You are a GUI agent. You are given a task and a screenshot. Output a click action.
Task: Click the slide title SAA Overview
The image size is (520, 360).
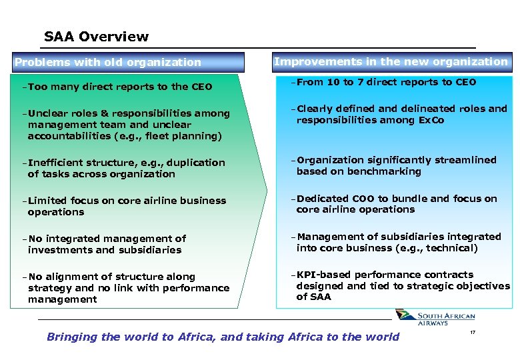(x=96, y=37)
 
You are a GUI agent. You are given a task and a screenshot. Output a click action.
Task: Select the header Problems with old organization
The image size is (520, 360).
(x=107, y=63)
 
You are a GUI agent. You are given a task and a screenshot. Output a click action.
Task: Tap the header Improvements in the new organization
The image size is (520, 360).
(x=391, y=61)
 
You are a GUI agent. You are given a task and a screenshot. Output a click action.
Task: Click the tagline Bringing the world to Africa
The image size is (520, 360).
(x=223, y=337)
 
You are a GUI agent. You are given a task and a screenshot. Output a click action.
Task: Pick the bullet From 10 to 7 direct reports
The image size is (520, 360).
(x=386, y=82)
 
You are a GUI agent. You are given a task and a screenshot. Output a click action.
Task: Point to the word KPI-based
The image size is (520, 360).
(x=319, y=274)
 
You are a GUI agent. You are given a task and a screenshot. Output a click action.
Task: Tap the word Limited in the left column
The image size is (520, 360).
(x=47, y=201)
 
